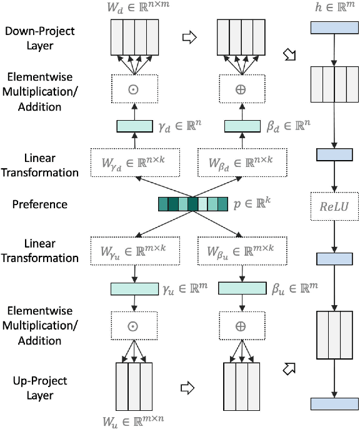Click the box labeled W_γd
(x=133, y=163)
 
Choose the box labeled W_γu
(x=133, y=250)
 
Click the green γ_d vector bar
(x=133, y=126)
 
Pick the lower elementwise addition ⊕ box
(x=241, y=326)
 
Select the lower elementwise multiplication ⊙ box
(x=133, y=326)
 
